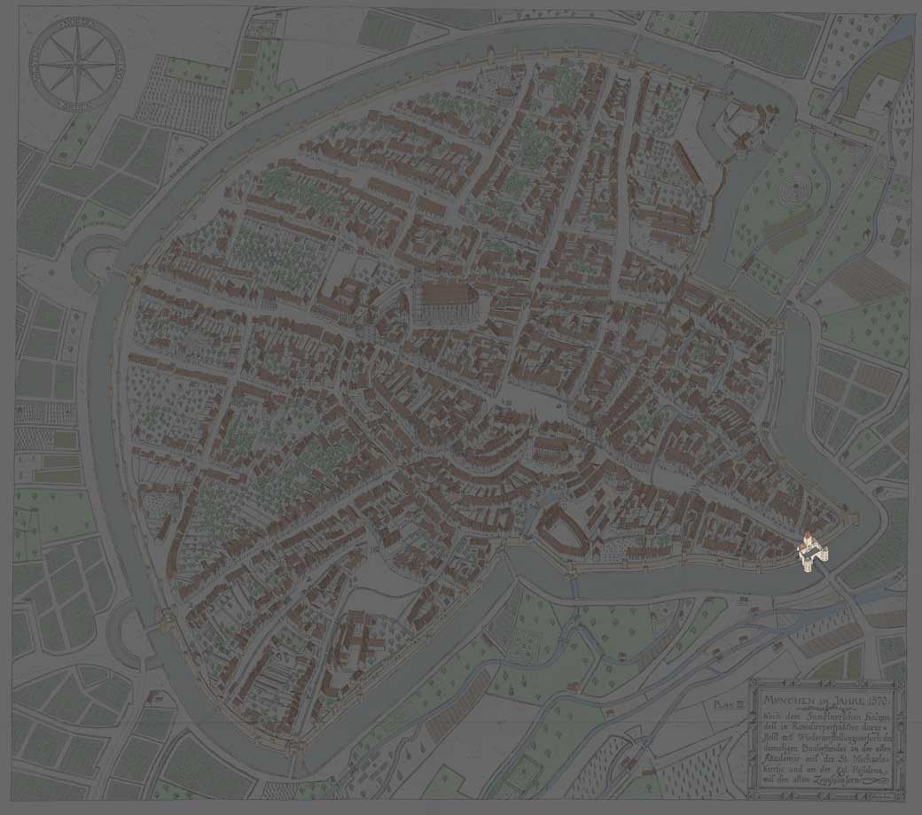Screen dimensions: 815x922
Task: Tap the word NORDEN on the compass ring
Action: pos(77,24)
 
